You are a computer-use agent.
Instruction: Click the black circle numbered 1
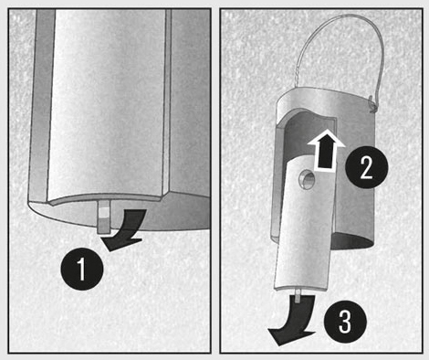coord(82,269)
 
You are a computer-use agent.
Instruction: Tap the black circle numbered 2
coord(367,167)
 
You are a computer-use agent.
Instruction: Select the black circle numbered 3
coord(345,322)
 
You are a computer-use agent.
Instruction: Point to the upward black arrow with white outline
coord(326,150)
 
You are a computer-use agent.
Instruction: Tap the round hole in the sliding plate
coord(308,180)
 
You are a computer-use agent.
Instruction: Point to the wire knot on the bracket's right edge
coord(373,104)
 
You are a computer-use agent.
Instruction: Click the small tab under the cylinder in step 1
coord(104,217)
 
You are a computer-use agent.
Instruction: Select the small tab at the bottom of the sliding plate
coord(298,296)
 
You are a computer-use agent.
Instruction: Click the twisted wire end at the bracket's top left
coord(297,79)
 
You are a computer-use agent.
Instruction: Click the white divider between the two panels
coord(215,180)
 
